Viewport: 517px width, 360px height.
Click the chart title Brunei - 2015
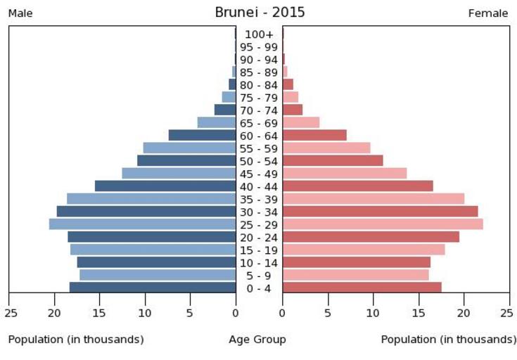point(260,13)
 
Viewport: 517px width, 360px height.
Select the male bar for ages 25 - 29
point(142,224)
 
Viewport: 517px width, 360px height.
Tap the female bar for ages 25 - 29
point(383,224)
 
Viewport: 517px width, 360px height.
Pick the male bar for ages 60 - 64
point(202,135)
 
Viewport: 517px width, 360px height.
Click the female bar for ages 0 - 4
point(362,287)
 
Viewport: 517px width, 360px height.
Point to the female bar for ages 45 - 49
point(345,173)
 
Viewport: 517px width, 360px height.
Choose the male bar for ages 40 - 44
point(165,186)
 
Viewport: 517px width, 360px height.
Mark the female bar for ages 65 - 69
point(301,122)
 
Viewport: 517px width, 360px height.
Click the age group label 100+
point(259,34)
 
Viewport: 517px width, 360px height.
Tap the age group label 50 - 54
point(259,161)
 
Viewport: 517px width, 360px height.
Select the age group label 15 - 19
point(259,250)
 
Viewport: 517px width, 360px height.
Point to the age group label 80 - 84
point(259,85)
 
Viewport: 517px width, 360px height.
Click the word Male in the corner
point(20,13)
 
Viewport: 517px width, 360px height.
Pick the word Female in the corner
point(488,13)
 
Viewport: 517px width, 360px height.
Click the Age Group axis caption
point(257,340)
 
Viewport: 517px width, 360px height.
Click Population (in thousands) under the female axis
point(448,340)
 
